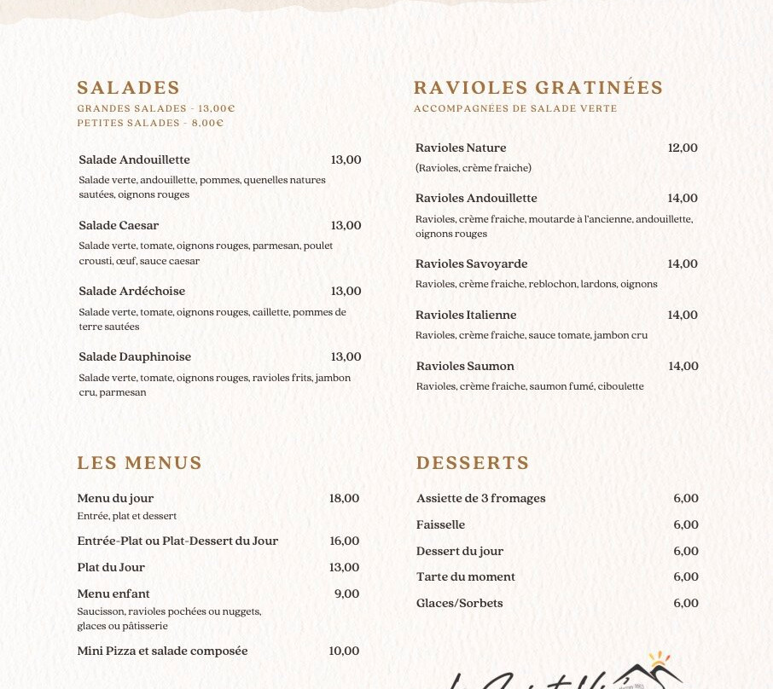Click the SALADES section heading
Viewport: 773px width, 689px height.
[x=128, y=88]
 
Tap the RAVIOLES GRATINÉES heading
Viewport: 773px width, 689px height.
[x=538, y=88]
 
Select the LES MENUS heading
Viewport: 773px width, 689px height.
[x=139, y=463]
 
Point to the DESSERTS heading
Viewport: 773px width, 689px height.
[x=473, y=463]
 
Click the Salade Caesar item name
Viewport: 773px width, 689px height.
[x=119, y=225]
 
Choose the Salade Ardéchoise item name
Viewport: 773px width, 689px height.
[x=131, y=291]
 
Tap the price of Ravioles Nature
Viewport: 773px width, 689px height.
[x=683, y=148]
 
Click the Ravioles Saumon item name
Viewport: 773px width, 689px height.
[x=465, y=366]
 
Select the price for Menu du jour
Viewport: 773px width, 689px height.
[x=344, y=498]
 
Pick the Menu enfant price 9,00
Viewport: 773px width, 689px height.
[x=346, y=593]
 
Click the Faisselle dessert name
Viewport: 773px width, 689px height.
[x=440, y=524]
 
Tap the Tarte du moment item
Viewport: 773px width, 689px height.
[x=465, y=576]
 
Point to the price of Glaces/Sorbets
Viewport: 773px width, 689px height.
[x=686, y=603]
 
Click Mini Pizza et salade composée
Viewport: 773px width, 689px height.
[x=162, y=651]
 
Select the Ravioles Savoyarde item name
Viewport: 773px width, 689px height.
[x=471, y=263]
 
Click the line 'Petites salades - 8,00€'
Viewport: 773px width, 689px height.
[x=150, y=123]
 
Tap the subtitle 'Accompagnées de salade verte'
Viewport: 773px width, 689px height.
[x=514, y=108]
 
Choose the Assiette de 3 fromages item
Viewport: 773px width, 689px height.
[x=480, y=498]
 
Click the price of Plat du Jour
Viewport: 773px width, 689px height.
[x=344, y=567]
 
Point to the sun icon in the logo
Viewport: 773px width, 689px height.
[x=659, y=659]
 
